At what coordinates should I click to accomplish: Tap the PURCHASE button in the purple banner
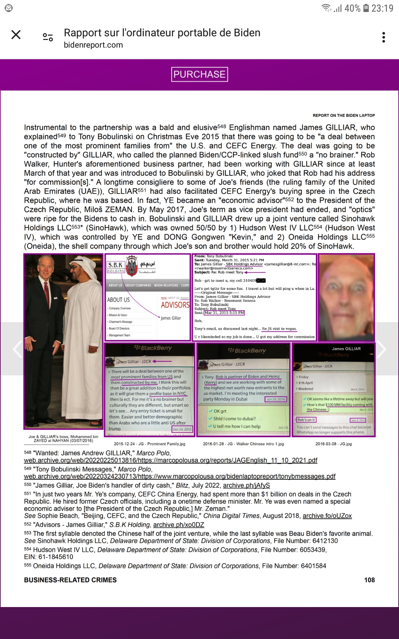199,74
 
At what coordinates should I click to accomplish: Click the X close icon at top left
16,35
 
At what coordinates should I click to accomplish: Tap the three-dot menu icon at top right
384,37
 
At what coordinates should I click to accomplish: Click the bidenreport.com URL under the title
93,45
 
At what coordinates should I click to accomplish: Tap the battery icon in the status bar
366,8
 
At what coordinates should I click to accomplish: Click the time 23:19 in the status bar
382,8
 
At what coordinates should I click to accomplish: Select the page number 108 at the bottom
369,580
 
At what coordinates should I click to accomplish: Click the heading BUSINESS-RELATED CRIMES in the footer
70,580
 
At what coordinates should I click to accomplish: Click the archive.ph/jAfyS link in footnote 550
246,485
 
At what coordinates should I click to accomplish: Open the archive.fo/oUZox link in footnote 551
327,516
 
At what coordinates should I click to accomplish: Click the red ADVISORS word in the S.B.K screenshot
175,305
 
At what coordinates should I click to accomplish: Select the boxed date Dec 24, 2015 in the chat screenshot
182,429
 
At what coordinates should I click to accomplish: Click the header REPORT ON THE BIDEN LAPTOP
343,115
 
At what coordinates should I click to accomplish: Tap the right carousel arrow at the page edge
382,349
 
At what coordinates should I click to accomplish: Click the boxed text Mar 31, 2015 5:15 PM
224,313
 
